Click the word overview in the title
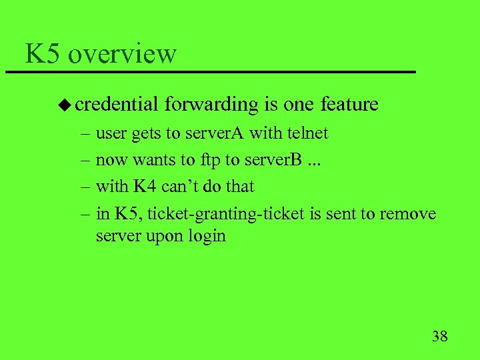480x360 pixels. click(122, 54)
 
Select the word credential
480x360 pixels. click(117, 105)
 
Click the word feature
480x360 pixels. click(349, 105)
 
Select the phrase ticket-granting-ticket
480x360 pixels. click(226, 214)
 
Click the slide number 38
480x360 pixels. click(439, 335)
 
